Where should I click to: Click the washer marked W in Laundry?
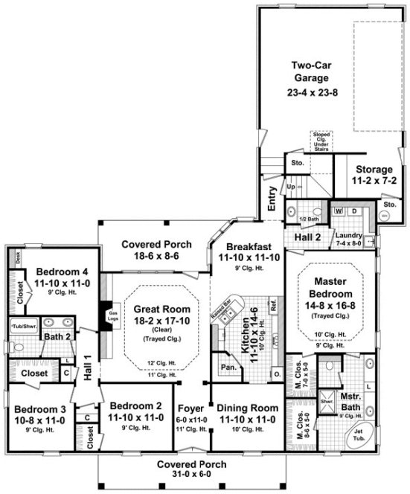pos(339,211)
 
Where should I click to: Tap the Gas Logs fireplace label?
pos(114,316)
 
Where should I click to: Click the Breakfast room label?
pos(249,251)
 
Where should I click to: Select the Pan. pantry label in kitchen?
pos(224,368)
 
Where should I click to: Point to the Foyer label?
pos(190,408)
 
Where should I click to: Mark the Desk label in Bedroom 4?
pos(17,254)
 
